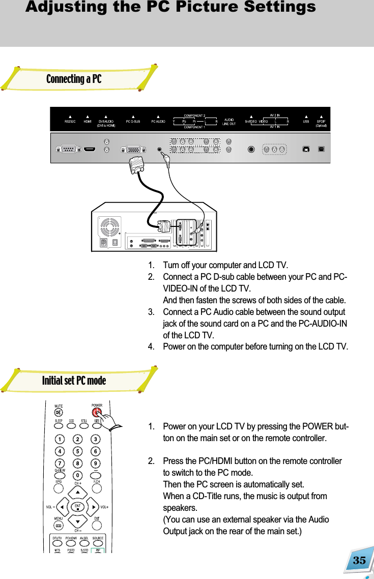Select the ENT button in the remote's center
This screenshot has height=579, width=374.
tap(77, 507)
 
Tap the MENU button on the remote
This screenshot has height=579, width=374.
tap(59, 524)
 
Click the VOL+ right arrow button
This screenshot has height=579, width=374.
tap(93, 507)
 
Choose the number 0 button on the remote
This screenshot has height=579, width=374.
tap(77, 475)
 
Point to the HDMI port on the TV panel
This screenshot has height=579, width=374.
tap(90, 150)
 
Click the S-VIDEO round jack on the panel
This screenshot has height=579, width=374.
tap(251, 150)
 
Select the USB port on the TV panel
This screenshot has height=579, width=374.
tap(306, 150)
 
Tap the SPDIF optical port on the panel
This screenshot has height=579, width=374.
tap(321, 150)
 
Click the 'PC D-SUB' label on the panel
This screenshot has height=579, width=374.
tap(133, 122)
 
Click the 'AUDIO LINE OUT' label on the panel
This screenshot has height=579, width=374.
tap(229, 122)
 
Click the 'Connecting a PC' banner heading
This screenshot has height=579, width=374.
tap(74, 79)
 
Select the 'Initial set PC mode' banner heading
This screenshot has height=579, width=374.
tap(74, 381)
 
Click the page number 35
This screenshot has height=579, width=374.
tap(359, 561)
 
